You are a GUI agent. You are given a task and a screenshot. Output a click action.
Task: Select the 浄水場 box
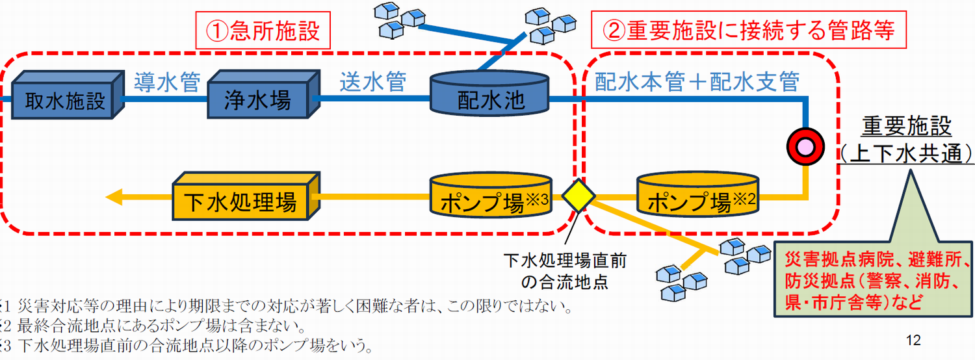click(264, 94)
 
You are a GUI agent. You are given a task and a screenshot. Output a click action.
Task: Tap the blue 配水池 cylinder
click(489, 94)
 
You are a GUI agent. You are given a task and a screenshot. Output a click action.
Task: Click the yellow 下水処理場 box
click(246, 196)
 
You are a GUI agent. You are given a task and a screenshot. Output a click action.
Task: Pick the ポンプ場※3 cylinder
click(491, 195)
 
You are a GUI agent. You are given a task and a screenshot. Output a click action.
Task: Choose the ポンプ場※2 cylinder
click(697, 195)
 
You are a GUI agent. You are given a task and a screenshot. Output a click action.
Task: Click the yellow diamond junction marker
click(578, 196)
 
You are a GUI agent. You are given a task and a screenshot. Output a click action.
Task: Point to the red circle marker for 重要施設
click(805, 147)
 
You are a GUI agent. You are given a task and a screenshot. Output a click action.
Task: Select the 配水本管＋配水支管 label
click(697, 81)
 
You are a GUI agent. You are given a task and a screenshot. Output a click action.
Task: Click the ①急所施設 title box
click(263, 30)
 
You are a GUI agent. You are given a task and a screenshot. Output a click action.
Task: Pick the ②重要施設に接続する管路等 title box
click(749, 30)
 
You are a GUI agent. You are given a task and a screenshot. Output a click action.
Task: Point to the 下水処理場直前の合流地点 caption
click(565, 271)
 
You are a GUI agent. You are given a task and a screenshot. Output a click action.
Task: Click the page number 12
click(913, 340)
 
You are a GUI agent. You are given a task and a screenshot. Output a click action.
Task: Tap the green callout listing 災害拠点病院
click(873, 279)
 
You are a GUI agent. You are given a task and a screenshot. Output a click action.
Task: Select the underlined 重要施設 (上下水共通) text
click(906, 139)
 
